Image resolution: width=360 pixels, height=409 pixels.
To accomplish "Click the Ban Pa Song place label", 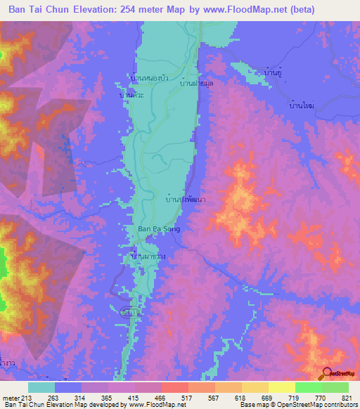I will [155, 228].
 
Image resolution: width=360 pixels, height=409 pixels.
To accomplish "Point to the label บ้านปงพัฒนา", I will [180, 200].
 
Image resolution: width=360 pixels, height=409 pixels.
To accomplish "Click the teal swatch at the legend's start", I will [41, 387].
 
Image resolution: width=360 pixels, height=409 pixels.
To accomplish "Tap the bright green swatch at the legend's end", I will [335, 387].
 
